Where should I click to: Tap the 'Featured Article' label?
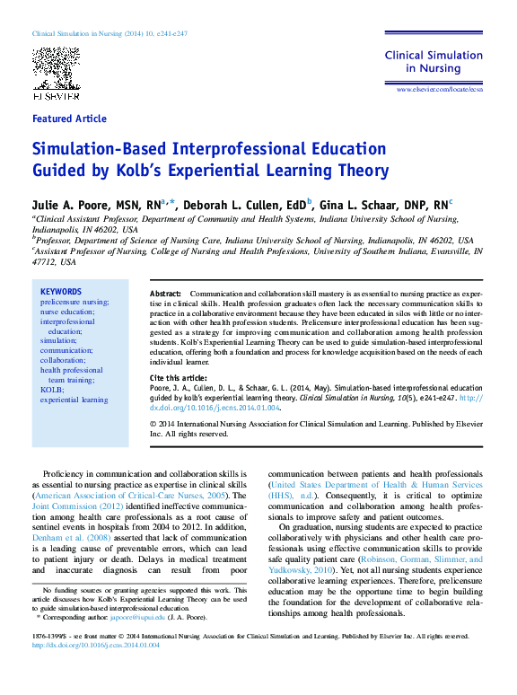pyautogui.click(x=69, y=119)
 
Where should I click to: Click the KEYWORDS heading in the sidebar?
pyautogui.click(x=61, y=292)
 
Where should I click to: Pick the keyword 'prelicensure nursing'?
pyautogui.click(x=74, y=303)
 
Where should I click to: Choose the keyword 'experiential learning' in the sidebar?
pyautogui.click(x=74, y=400)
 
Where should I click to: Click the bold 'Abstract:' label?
pyautogui.click(x=165, y=295)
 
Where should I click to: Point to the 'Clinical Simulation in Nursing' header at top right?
pyautogui.click(x=434, y=61)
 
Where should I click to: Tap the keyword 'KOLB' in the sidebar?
pyautogui.click(x=51, y=389)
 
